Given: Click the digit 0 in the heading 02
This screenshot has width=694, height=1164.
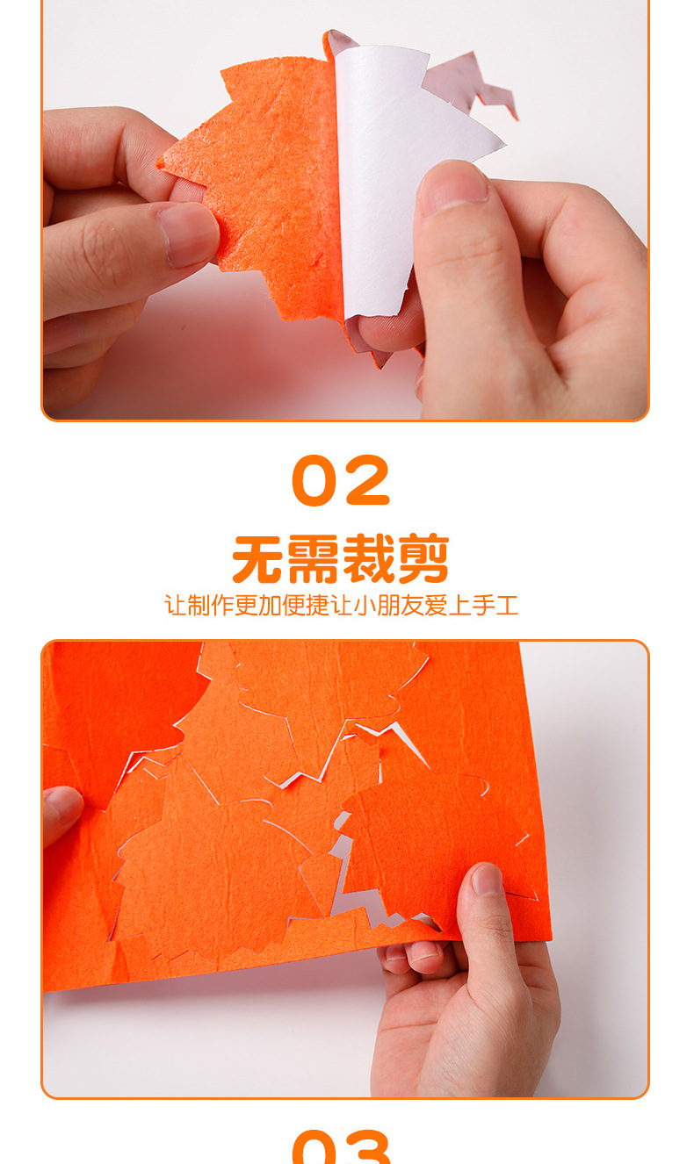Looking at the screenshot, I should [x=314, y=482].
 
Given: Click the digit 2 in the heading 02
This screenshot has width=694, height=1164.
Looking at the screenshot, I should [x=368, y=482].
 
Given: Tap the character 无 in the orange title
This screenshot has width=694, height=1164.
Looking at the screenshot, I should [x=259, y=559].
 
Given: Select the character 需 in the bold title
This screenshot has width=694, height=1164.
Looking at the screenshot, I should [x=314, y=559].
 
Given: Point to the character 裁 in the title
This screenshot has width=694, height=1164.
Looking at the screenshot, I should [x=368, y=559].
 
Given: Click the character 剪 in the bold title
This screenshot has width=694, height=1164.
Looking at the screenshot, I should [x=423, y=559].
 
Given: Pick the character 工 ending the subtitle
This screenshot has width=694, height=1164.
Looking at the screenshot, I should [x=507, y=605].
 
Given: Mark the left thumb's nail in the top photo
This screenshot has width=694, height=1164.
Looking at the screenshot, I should [x=188, y=234].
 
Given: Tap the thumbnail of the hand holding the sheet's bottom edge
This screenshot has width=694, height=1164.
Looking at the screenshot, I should [x=486, y=879].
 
